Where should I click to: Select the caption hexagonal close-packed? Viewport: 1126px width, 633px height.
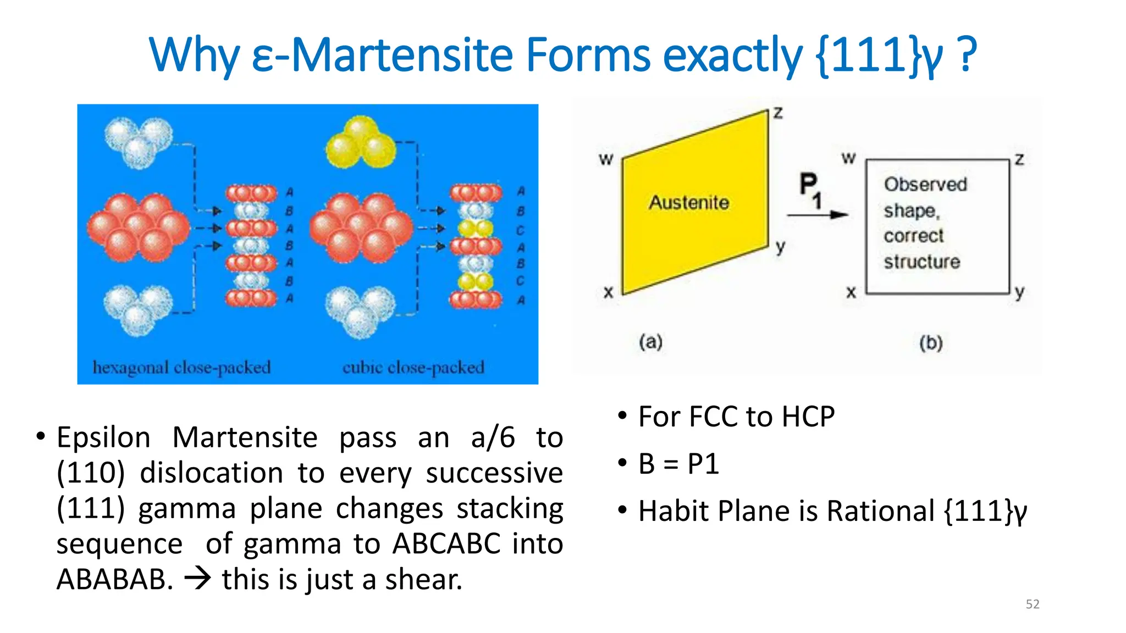[181, 367]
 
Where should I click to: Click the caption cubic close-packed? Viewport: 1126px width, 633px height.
[413, 367]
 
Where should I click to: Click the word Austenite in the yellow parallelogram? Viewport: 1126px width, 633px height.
[689, 203]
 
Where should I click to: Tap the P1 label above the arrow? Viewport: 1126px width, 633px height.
[810, 190]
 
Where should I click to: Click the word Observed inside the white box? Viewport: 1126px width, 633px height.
[925, 185]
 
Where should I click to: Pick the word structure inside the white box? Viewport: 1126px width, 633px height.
[922, 262]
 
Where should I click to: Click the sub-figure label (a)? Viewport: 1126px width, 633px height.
[650, 342]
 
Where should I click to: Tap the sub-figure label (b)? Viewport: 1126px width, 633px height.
[931, 343]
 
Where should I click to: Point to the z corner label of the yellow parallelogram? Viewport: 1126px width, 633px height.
[778, 113]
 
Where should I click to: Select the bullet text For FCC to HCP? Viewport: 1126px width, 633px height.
[736, 417]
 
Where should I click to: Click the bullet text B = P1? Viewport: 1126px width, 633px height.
[678, 464]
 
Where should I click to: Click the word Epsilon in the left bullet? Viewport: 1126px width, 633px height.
[103, 438]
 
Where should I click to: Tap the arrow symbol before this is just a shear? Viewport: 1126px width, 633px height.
[197, 579]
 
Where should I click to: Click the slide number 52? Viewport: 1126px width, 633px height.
[1033, 604]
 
